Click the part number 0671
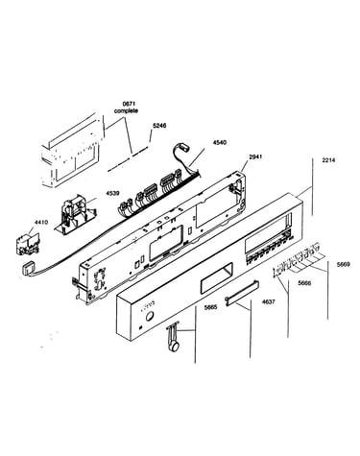coord(129,104)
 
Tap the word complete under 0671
coord(126,110)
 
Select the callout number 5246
coord(159,126)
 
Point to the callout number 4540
coord(219,142)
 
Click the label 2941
coord(255,157)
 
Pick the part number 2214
coord(328,160)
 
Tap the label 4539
coord(112,194)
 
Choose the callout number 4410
coord(41,222)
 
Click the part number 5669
coord(343,264)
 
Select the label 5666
coord(304,283)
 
